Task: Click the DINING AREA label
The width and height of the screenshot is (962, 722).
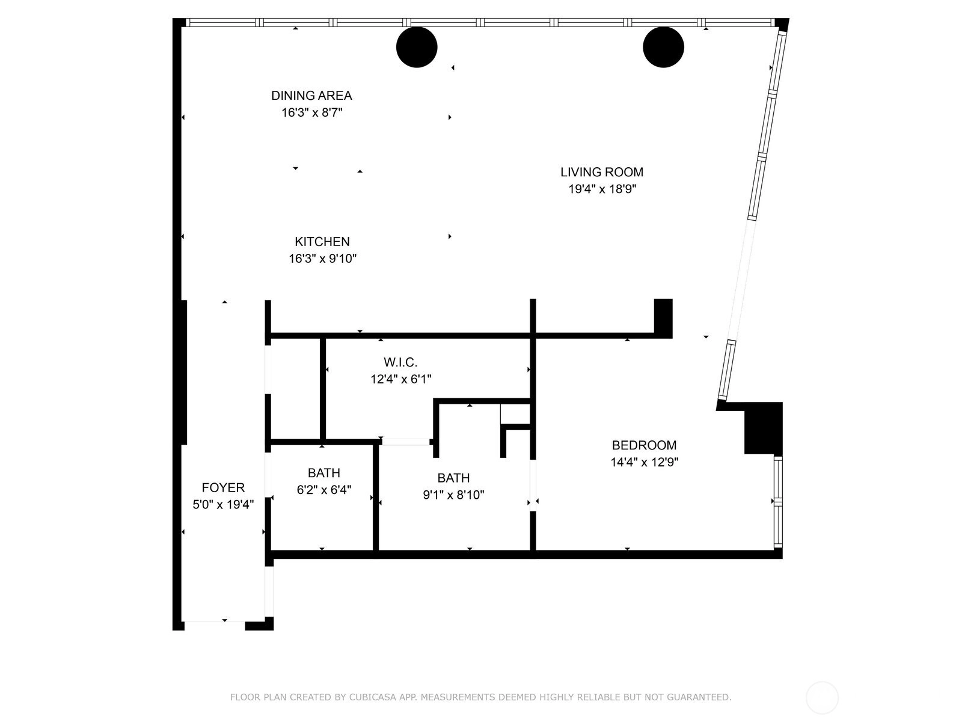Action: click(x=311, y=96)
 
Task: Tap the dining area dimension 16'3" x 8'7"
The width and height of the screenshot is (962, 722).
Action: click(x=311, y=113)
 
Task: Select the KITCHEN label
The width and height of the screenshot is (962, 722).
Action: click(x=322, y=241)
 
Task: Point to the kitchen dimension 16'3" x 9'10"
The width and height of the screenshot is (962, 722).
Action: click(x=322, y=259)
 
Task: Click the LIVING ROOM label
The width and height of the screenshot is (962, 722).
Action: click(x=602, y=172)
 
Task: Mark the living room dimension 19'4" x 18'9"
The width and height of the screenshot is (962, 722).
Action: click(x=602, y=189)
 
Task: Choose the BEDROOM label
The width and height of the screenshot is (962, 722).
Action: click(x=645, y=445)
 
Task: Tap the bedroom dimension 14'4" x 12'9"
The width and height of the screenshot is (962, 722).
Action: click(x=645, y=462)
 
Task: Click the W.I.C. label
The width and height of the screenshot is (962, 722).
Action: click(x=400, y=362)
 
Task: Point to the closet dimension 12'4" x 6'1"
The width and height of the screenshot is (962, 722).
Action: click(x=401, y=379)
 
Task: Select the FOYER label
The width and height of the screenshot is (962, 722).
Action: click(x=223, y=487)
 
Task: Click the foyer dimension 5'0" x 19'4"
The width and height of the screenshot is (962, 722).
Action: click(x=223, y=505)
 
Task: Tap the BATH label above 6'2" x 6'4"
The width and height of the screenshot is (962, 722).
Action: click(x=324, y=473)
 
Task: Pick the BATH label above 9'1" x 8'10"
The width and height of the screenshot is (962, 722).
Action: click(x=453, y=478)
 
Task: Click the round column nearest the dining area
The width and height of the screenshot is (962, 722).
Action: click(x=417, y=48)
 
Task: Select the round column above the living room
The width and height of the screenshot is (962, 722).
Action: click(x=664, y=48)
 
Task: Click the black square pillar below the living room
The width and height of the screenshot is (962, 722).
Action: click(x=664, y=318)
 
